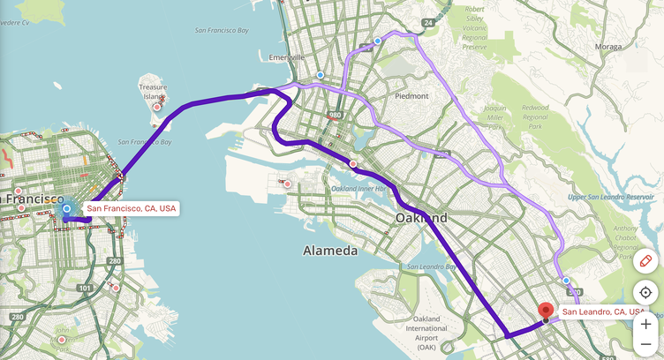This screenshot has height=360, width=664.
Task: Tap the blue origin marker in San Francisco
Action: [x=66, y=209]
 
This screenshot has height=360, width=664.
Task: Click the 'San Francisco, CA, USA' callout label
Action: [x=131, y=209]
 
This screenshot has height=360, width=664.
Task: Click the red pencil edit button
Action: [x=645, y=261]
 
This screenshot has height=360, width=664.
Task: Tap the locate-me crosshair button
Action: [x=645, y=292]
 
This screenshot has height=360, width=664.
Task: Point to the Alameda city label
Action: [x=330, y=251]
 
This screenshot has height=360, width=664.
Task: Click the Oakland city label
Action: [x=421, y=217]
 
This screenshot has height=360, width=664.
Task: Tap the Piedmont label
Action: [x=411, y=95]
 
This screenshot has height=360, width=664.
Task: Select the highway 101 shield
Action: [x=84, y=288]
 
